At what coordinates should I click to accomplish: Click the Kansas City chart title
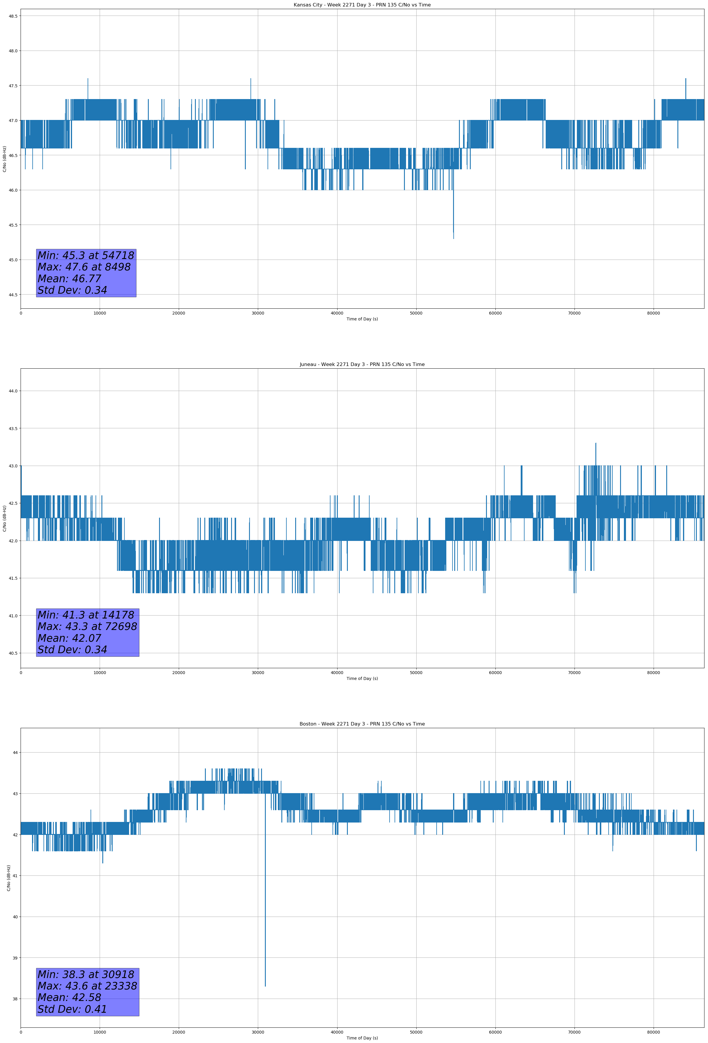(x=362, y=5)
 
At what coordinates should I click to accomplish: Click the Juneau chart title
(x=362, y=365)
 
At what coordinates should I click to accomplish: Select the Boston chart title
(x=362, y=724)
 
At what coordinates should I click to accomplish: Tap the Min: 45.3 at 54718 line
(x=86, y=255)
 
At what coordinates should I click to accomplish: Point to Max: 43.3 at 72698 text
(x=87, y=626)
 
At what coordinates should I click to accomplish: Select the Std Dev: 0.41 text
(x=72, y=1009)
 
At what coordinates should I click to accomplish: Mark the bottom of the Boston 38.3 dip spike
(x=265, y=986)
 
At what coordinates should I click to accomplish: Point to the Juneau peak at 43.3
(x=596, y=443)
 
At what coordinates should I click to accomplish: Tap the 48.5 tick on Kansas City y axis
(x=13, y=16)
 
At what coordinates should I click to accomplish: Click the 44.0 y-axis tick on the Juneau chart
(x=13, y=391)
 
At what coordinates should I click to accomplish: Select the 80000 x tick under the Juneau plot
(x=653, y=673)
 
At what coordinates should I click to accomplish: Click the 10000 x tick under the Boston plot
(x=100, y=1032)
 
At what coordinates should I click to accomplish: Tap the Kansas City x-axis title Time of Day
(x=362, y=319)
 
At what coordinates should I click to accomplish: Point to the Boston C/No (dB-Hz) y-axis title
(x=9, y=878)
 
